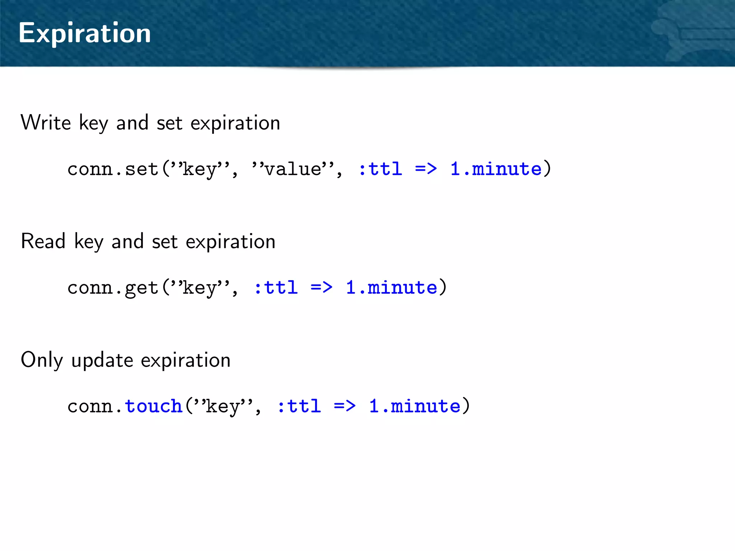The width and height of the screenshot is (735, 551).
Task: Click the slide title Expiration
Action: point(85,33)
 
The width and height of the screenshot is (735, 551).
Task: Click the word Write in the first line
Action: point(46,123)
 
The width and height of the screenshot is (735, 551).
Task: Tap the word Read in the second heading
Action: point(43,241)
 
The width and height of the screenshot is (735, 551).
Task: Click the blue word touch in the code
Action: point(154,406)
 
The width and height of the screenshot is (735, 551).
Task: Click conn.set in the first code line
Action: point(113,169)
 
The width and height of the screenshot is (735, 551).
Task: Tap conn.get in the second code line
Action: point(113,288)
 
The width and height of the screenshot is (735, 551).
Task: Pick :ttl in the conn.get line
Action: point(276,288)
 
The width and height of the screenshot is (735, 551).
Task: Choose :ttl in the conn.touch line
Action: point(299,406)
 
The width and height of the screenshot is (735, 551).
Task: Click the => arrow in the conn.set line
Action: point(426,169)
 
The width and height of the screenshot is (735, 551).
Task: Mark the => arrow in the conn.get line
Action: point(322,288)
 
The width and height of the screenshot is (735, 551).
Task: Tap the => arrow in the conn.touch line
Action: point(345,406)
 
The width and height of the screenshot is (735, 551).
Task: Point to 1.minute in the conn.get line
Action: point(392,288)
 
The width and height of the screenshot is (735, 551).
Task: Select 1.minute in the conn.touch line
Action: point(415,406)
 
